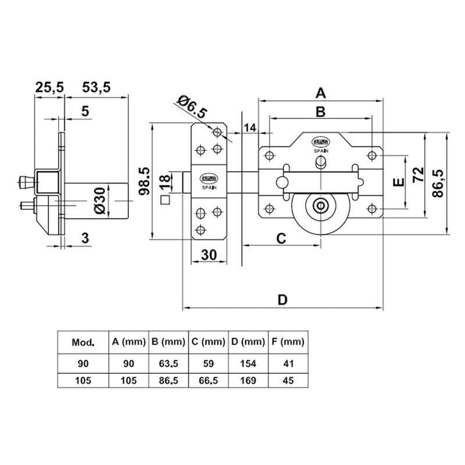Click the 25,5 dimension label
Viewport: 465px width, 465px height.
click(49, 88)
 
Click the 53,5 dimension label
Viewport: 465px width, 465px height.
click(95, 88)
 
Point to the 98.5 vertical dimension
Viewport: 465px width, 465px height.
click(144, 180)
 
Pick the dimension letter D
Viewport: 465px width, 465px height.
click(282, 300)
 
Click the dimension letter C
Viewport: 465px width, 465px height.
click(280, 237)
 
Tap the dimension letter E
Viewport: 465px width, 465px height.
click(398, 183)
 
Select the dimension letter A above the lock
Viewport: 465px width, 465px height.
click(320, 92)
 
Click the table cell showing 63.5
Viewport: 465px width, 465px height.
click(168, 364)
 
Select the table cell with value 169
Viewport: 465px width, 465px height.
click(248, 381)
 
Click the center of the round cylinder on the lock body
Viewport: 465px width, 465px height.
click(320, 206)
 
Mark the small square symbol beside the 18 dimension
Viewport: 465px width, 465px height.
click(164, 201)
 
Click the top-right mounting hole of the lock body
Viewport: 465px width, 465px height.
click(371, 155)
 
